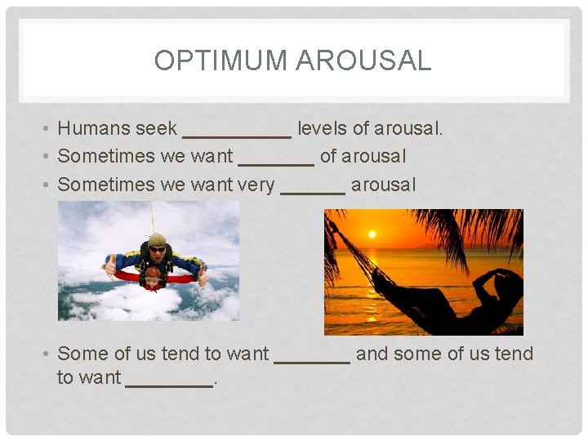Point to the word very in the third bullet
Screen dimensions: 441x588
click(255, 185)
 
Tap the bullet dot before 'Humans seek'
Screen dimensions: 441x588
click(48, 129)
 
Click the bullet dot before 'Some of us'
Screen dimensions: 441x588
click(48, 354)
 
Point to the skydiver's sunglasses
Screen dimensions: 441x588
click(157, 248)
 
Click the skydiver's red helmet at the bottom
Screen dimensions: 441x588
click(153, 278)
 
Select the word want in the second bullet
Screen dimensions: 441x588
click(211, 157)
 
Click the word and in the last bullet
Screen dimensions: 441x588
click(372, 354)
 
